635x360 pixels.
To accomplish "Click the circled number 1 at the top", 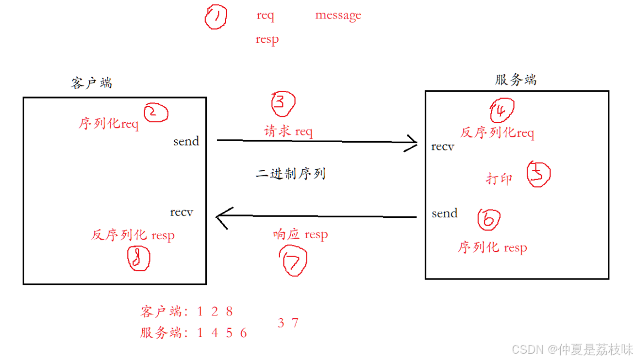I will click(x=216, y=18).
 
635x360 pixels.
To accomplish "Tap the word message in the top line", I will click(x=338, y=15).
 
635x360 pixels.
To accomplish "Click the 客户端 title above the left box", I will click(x=91, y=83).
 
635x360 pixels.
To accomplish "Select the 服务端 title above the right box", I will click(x=516, y=80).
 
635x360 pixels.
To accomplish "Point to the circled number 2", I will click(x=156, y=113).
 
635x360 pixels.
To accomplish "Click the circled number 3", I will click(x=283, y=103).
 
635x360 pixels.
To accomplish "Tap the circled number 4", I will click(x=501, y=111).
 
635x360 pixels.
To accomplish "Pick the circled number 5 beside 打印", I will click(x=538, y=175).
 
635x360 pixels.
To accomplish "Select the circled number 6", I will click(x=489, y=220).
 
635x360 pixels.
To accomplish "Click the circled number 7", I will click(x=294, y=262).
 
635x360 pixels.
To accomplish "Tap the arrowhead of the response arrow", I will click(x=221, y=217).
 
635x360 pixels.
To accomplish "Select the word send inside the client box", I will click(x=186, y=141).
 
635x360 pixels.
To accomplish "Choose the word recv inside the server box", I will click(x=442, y=146).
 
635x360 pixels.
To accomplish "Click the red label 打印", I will click(x=499, y=179).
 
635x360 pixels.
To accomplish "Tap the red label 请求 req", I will click(x=288, y=131).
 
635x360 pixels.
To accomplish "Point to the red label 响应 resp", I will click(x=300, y=235).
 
